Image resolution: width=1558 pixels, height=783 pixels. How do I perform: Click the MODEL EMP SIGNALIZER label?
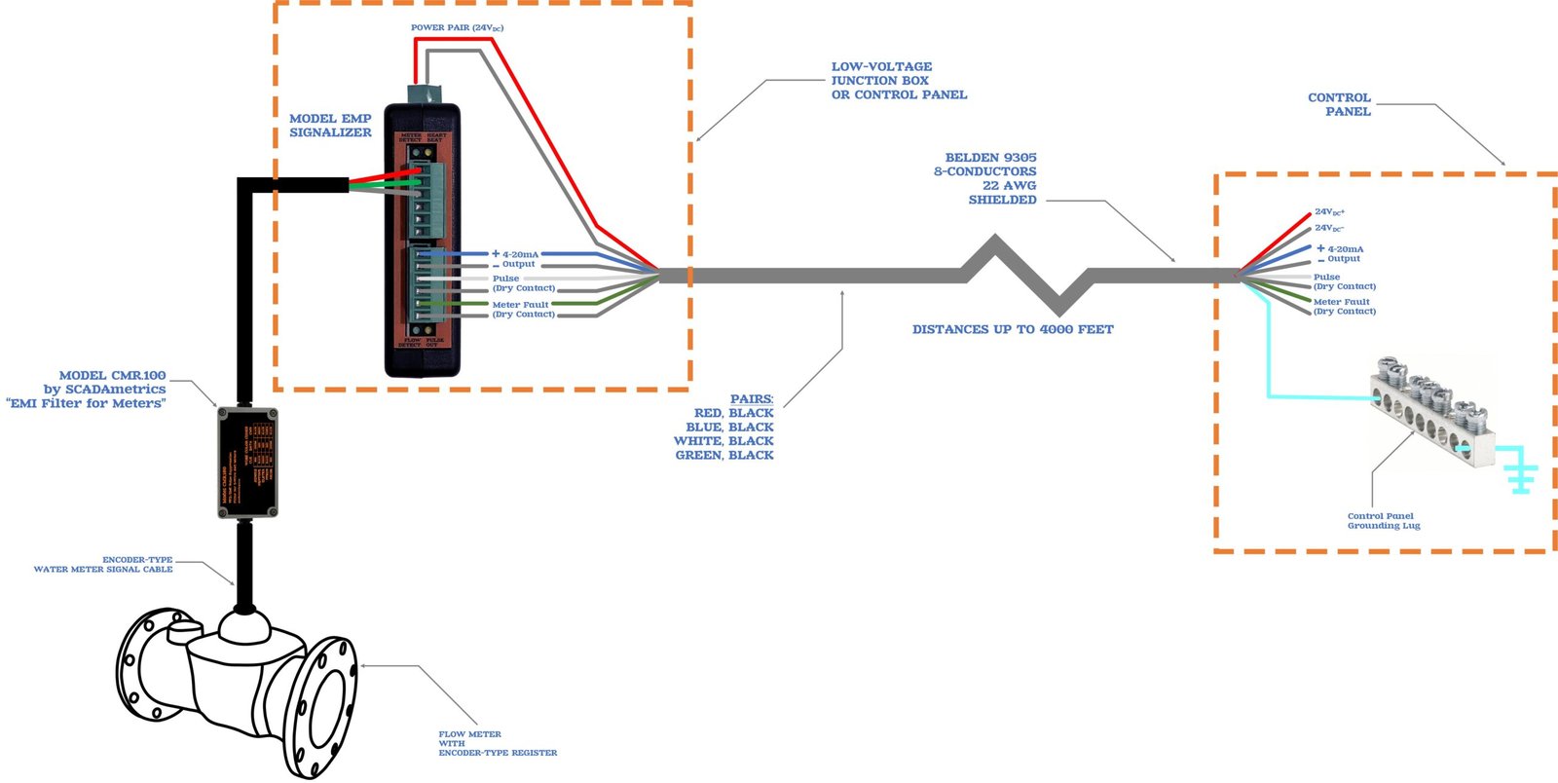(330, 126)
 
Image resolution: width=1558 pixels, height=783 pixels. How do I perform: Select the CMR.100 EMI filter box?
(247, 462)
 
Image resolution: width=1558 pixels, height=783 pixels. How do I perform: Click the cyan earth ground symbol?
(1520, 476)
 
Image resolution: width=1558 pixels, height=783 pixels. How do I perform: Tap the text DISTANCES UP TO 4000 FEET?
(1013, 330)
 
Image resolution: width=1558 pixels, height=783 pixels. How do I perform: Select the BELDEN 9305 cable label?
(985, 178)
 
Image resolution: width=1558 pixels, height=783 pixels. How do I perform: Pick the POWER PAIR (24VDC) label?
(457, 28)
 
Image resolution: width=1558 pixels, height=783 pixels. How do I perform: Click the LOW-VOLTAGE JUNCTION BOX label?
(898, 81)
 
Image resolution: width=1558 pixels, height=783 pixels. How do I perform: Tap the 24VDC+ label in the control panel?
(1329, 211)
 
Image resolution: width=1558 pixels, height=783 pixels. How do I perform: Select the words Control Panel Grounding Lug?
(1383, 521)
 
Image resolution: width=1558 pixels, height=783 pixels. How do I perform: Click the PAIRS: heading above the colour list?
(752, 399)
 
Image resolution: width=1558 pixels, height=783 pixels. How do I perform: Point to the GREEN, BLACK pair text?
(724, 455)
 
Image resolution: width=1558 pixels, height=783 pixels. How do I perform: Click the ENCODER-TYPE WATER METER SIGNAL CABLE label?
(104, 565)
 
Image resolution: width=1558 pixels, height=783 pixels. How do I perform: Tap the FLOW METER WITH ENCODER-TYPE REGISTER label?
(497, 743)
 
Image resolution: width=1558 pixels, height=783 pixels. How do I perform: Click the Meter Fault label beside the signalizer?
(521, 305)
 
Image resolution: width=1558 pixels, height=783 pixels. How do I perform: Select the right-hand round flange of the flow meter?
(324, 705)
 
